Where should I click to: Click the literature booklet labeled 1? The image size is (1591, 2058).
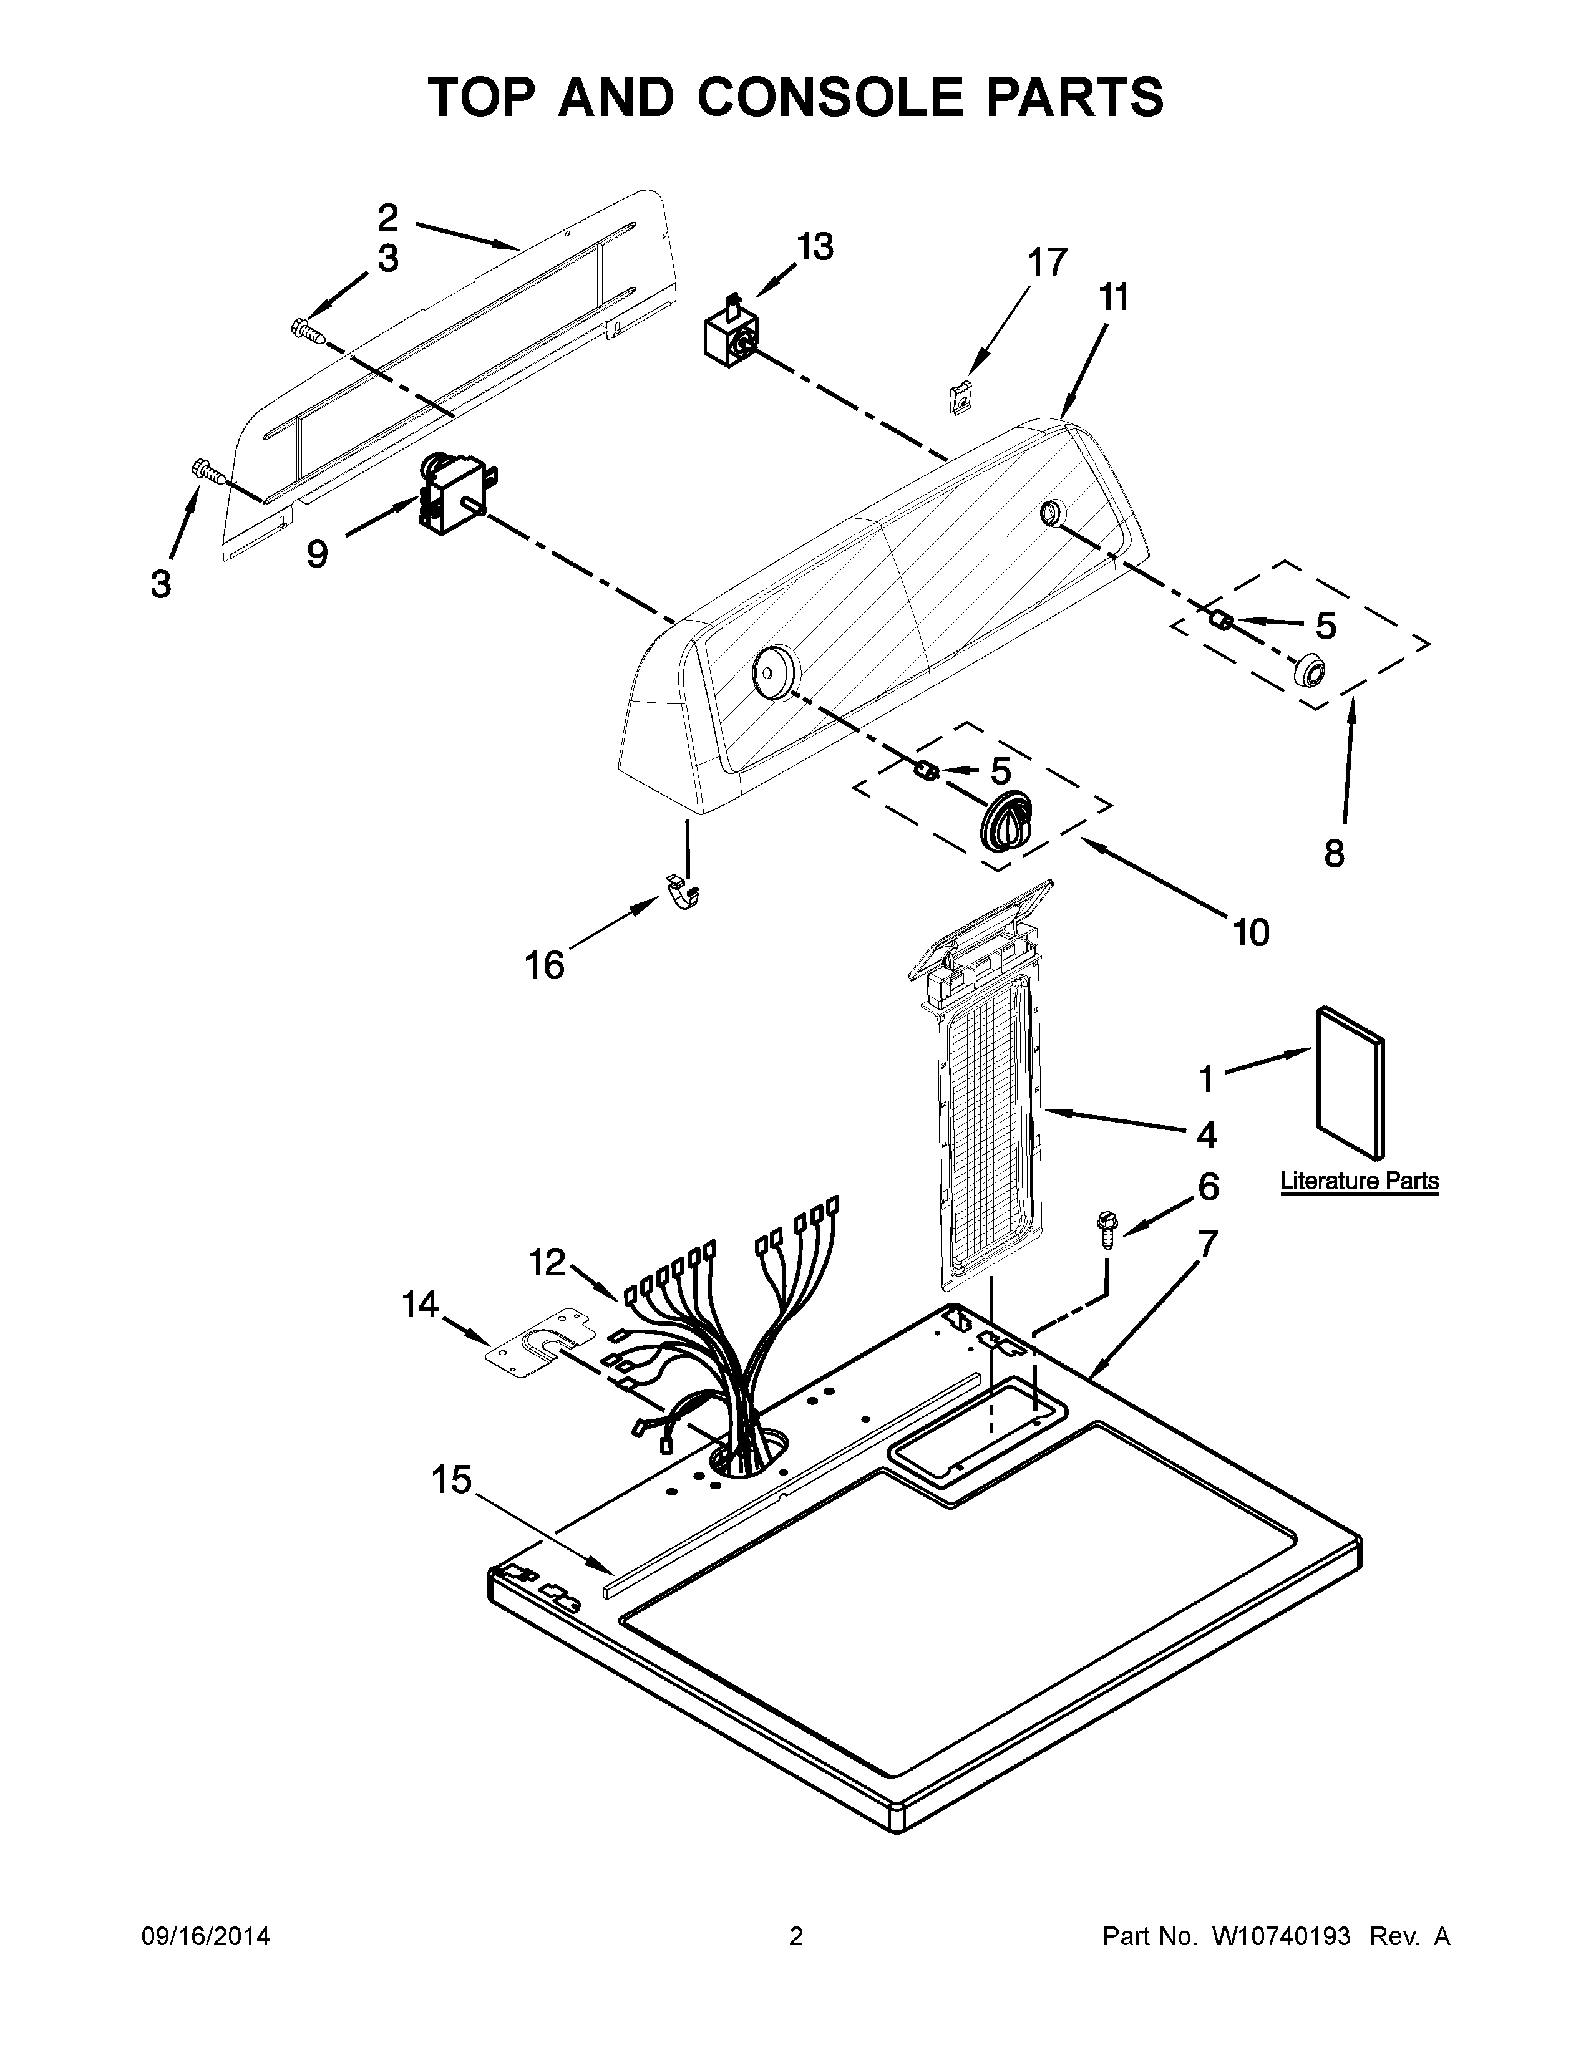tap(1350, 1082)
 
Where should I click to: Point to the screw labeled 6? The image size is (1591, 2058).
tap(1104, 1228)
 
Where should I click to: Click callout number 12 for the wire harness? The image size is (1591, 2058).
tap(547, 1262)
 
